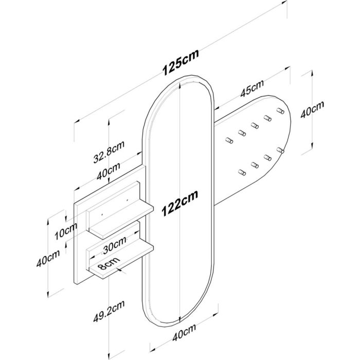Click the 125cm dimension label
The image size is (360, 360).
[181, 62]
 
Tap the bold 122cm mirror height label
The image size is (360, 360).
[180, 203]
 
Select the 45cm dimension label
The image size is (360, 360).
[252, 88]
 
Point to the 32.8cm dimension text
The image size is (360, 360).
[109, 152]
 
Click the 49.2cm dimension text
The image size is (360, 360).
[109, 311]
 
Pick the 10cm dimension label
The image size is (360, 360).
[66, 231]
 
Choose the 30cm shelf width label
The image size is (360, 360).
[115, 245]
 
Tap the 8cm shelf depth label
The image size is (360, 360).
[109, 263]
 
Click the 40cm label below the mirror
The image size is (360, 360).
[184, 332]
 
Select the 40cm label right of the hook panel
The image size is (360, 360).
[312, 109]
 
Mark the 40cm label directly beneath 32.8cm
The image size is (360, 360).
[109, 171]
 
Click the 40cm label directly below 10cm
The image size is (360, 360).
[48, 258]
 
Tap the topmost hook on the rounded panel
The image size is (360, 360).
[280, 111]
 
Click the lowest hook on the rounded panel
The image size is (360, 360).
[242, 172]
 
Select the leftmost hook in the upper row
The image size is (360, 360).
[229, 140]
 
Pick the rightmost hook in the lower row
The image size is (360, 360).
[280, 150]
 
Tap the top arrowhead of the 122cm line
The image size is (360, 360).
[180, 86]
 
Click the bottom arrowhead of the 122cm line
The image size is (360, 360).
[180, 319]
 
